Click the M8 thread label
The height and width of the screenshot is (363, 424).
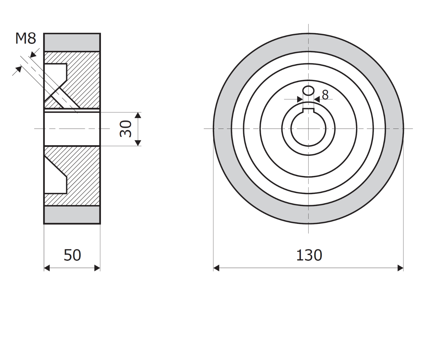tap(26, 38)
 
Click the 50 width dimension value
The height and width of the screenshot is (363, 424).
tap(72, 255)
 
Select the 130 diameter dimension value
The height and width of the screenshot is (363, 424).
tap(309, 255)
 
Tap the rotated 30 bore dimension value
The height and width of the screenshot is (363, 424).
tap(125, 129)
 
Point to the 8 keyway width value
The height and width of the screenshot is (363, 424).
tap(325, 95)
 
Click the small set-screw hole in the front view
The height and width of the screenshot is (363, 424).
tap(308, 90)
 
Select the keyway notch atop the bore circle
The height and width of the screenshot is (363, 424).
tap(308, 110)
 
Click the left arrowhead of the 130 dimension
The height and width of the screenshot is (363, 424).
tap(216, 268)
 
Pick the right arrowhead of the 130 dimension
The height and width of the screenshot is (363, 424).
tap(400, 268)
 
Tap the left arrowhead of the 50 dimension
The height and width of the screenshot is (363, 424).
tap(47, 268)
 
